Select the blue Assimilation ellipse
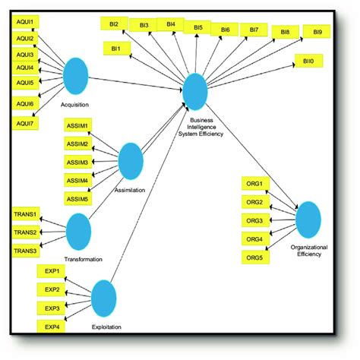(x=131, y=162)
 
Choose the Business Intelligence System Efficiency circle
(x=194, y=90)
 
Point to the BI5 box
(x=197, y=27)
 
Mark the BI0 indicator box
(x=307, y=59)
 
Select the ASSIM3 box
(x=77, y=162)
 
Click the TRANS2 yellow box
(x=25, y=232)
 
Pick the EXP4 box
(x=51, y=327)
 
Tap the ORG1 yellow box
(x=255, y=184)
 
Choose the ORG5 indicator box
(x=255, y=257)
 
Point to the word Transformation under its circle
(x=83, y=259)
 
